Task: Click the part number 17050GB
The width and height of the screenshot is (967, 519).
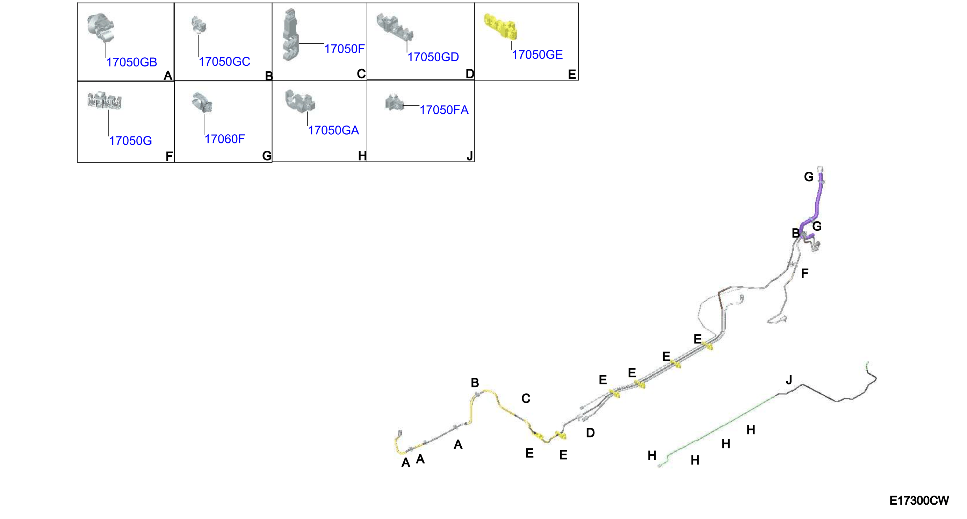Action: point(131,62)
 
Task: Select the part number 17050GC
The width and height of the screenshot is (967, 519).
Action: point(224,61)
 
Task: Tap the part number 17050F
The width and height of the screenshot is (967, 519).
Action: point(344,49)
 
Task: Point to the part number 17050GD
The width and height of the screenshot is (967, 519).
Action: point(433,57)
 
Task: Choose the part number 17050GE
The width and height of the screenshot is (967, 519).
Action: point(537,55)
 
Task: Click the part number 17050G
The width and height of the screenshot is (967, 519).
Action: point(130,141)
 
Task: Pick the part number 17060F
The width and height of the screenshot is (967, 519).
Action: point(224,139)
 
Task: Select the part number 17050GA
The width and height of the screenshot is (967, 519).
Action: point(333,130)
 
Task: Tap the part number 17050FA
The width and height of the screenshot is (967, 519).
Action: point(444,110)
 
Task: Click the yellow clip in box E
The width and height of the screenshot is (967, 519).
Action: point(500,26)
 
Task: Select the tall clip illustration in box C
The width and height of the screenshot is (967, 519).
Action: point(290,34)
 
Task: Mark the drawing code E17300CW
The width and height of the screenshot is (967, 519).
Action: point(919,500)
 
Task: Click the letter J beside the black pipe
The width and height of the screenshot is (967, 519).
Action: point(789,380)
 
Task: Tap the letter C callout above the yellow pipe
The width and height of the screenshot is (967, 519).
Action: point(526,398)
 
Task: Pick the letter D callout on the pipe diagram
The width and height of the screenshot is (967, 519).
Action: point(590,433)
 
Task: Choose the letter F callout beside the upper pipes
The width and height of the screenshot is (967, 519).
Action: point(804,273)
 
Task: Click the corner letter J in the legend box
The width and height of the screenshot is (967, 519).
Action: point(470,156)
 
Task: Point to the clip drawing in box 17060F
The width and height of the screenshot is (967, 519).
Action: point(202,102)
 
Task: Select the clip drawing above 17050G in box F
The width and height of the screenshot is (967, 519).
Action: point(104,101)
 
